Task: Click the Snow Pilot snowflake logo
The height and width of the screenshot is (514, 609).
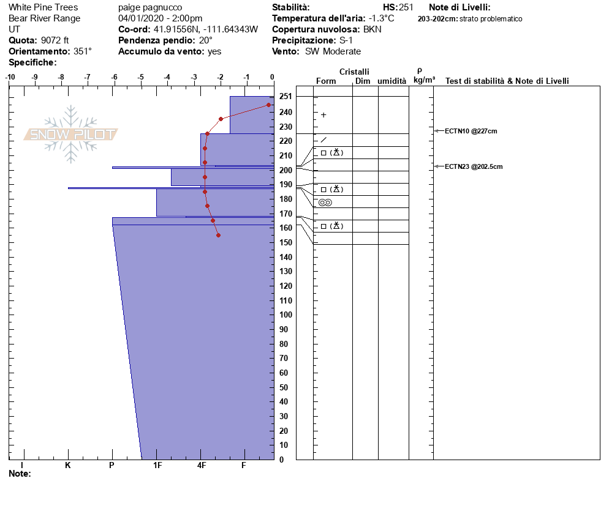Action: point(71,134)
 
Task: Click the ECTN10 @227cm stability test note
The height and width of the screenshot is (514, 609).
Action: point(471,131)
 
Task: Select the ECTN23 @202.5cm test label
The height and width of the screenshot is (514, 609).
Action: point(474,166)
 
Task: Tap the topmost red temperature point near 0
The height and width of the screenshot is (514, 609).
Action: point(268,105)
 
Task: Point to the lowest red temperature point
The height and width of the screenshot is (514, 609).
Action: point(218,235)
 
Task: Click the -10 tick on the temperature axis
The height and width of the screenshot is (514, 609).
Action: point(10,77)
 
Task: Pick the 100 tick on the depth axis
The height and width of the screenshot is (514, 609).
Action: point(285,315)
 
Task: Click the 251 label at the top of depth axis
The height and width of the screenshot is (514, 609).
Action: point(285,97)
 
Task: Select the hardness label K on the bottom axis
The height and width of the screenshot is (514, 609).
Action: point(68,466)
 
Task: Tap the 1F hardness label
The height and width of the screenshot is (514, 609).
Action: point(157,466)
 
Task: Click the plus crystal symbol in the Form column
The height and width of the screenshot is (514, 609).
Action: point(323,115)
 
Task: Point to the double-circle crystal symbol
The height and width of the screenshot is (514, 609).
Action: point(325,203)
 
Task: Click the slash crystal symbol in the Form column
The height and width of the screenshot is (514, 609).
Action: point(323,140)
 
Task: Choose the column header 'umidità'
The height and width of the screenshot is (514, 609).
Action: point(391,81)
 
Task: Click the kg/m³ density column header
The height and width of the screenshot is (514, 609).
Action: point(424,80)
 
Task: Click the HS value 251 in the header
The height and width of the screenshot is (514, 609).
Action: point(406,7)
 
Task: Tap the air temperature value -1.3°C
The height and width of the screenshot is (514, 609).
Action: point(382,18)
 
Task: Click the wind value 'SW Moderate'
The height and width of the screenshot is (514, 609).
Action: point(333,51)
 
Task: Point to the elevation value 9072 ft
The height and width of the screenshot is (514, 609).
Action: point(55,40)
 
